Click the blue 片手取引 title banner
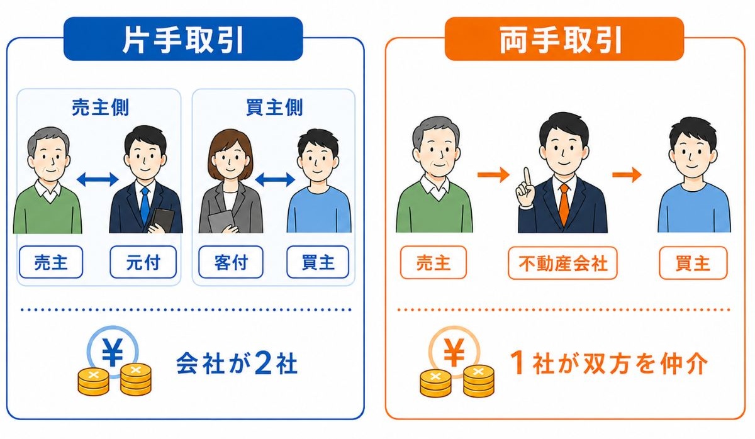point(183,39)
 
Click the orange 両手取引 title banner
point(564,39)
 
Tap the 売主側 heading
point(100,108)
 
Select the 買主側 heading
point(274,108)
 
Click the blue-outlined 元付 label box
point(143,262)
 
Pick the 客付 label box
point(231,262)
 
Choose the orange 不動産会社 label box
point(562,263)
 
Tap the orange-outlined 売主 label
point(433,263)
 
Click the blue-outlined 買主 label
point(318,262)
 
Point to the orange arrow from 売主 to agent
point(493,174)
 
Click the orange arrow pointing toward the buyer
point(627,174)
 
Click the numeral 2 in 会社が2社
point(263,363)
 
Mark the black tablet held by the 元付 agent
point(162,220)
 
